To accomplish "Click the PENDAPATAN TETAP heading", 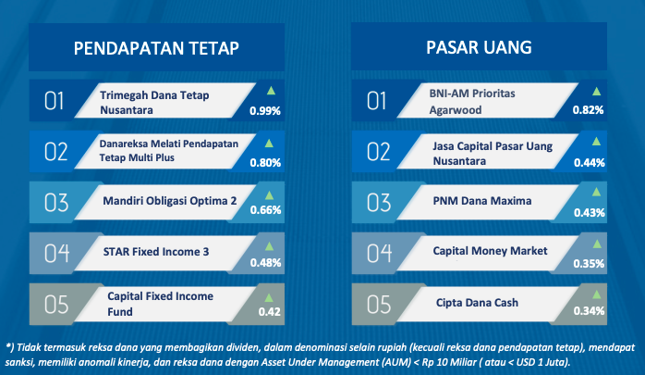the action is (156, 48).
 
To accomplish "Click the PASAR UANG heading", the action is (479, 47).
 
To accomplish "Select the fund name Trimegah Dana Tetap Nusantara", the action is (154, 103).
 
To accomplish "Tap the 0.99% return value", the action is (265, 111).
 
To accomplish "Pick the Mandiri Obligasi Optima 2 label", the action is (170, 201).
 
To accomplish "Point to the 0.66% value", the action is (265, 210).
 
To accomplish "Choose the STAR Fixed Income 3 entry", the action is (156, 251).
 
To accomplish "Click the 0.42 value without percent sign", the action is (270, 312).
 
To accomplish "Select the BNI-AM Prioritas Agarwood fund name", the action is (472, 102).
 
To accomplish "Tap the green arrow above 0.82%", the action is (596, 92).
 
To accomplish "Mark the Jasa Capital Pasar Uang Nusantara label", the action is (493, 154).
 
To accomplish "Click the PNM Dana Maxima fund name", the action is (482, 201).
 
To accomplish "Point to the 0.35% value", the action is (589, 264).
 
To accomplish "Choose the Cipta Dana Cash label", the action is (477, 303).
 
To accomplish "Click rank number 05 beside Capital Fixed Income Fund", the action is (56, 305).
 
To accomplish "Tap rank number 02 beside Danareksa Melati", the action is (56, 152).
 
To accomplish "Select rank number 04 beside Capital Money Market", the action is (379, 253).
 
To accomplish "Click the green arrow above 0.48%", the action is (270, 246).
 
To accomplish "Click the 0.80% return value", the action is (265, 163).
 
